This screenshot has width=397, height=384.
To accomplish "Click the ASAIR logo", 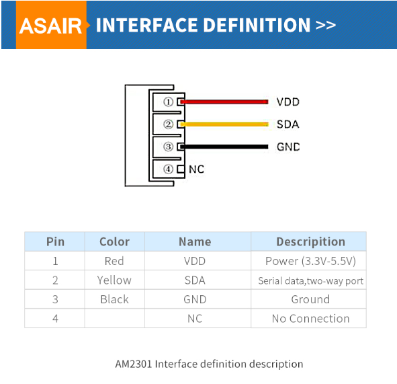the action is [x=50, y=26].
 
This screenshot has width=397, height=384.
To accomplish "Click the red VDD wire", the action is [x=224, y=102].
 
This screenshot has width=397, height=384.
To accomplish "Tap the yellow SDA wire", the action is [x=224, y=124].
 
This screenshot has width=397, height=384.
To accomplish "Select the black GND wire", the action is [x=224, y=147].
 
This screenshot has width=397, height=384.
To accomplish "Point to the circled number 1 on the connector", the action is [x=168, y=102].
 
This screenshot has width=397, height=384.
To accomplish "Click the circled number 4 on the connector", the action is [x=168, y=169].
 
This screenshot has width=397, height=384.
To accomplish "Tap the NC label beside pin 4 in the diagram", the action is [x=196, y=169].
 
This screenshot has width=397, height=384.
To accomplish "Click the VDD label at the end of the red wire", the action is [x=288, y=102].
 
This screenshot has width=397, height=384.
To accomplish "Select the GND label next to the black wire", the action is [x=288, y=147].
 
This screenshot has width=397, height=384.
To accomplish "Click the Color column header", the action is [x=114, y=241].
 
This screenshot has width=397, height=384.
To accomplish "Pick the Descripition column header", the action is [x=310, y=241].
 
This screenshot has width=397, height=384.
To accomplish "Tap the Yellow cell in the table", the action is [x=114, y=280].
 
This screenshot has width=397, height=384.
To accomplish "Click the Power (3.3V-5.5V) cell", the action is [x=310, y=261].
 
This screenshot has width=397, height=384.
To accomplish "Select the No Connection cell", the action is [x=310, y=318].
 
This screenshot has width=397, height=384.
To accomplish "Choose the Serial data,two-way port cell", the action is [x=310, y=280].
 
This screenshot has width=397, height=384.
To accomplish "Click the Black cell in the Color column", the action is [x=114, y=299].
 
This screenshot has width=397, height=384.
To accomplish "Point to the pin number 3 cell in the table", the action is [x=55, y=299].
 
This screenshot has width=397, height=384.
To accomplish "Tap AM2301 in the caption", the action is [x=134, y=364].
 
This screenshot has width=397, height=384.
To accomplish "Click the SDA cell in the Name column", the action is [x=195, y=280].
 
